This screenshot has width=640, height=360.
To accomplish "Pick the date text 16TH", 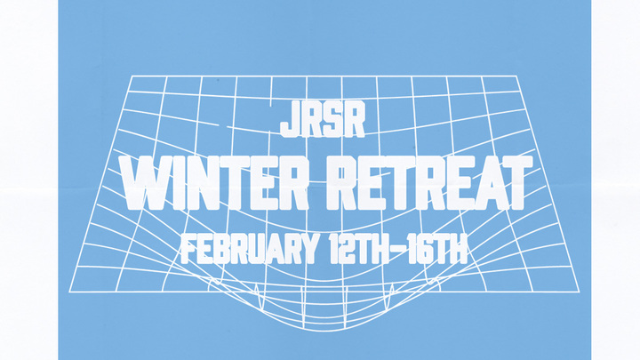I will tap(433, 247).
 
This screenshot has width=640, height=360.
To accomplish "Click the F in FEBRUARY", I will tap(187, 247).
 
